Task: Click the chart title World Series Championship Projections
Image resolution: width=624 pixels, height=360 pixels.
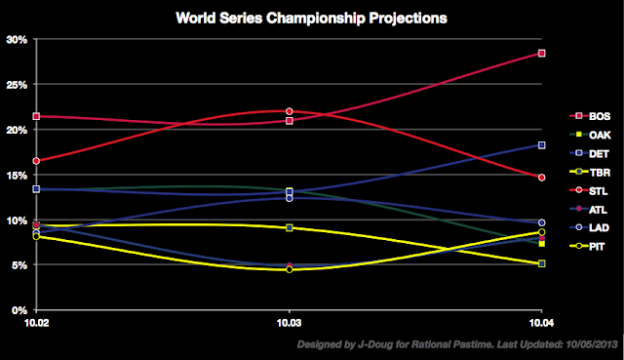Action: click(x=311, y=18)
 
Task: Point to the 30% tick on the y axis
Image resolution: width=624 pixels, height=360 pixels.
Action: click(x=19, y=39)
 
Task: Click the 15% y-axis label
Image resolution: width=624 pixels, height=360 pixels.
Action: click(x=19, y=176)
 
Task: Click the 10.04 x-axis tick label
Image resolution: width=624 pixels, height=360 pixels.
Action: click(x=541, y=321)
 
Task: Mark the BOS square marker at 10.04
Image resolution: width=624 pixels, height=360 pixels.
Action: click(x=541, y=53)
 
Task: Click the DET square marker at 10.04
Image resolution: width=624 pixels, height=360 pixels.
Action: click(x=541, y=145)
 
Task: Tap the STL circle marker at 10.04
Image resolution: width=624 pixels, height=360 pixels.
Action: click(x=541, y=178)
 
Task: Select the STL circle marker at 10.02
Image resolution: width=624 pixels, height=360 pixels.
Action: click(x=36, y=161)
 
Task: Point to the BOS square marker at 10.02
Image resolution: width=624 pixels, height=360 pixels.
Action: click(x=36, y=116)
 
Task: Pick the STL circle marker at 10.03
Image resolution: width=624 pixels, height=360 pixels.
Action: click(x=289, y=111)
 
